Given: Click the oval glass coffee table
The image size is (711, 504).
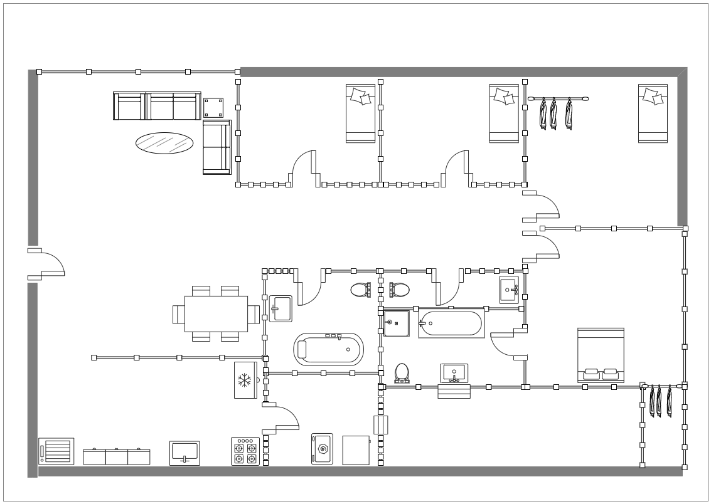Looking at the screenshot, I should click(164, 143).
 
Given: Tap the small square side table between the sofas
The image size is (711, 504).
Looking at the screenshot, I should click(213, 108).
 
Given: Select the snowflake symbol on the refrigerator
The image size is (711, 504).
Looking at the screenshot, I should click(244, 379).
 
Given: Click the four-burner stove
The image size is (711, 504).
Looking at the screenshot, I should click(245, 451).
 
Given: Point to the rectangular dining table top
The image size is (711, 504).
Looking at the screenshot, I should click(216, 313).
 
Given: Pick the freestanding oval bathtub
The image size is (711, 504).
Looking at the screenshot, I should click(329, 349).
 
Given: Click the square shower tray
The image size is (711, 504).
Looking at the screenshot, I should click(397, 323).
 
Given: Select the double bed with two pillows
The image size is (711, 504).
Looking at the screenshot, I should click(601, 355).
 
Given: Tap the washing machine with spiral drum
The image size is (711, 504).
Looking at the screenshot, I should click(322, 449).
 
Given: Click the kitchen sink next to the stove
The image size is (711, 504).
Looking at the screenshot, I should click(184, 453).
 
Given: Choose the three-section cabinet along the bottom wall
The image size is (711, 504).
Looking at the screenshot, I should click(117, 456).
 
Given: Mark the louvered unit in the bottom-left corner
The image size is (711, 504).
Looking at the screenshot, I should click(56, 451).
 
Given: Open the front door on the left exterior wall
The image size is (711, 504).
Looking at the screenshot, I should click(45, 263).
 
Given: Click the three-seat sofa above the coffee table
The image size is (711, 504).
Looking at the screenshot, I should click(157, 106).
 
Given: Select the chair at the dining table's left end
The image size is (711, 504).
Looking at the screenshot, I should click(178, 314).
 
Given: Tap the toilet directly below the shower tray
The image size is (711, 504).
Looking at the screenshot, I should click(402, 373).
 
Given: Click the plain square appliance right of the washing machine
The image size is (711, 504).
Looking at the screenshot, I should click(356, 450).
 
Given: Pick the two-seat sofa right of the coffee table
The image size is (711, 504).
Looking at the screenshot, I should click(217, 147).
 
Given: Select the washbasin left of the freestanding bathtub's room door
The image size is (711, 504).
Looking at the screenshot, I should click(281, 308).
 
